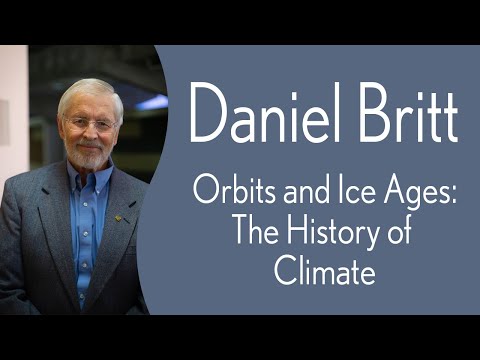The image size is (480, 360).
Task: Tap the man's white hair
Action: pos(88,92)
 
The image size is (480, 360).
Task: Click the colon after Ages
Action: pos(452,190)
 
